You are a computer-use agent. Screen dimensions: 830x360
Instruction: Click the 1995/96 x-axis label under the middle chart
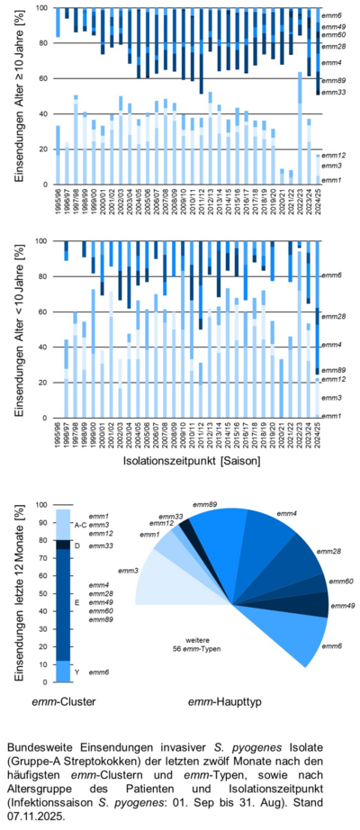(x=58, y=434)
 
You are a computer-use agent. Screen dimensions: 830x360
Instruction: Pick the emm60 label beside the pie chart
(x=341, y=583)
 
